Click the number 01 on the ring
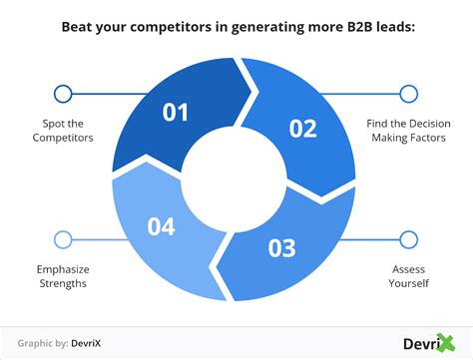tap(177, 113)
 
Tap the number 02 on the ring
tap(302, 129)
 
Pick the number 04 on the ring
tap(162, 228)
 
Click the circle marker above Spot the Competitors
tap(63, 95)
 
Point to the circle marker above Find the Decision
tap(407, 95)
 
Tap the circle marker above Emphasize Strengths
tap(63, 239)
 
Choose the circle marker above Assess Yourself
tap(407, 239)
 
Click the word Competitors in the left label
tap(63, 138)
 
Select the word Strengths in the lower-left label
tap(63, 282)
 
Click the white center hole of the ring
tap(236, 180)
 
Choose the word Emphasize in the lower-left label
tap(63, 268)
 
